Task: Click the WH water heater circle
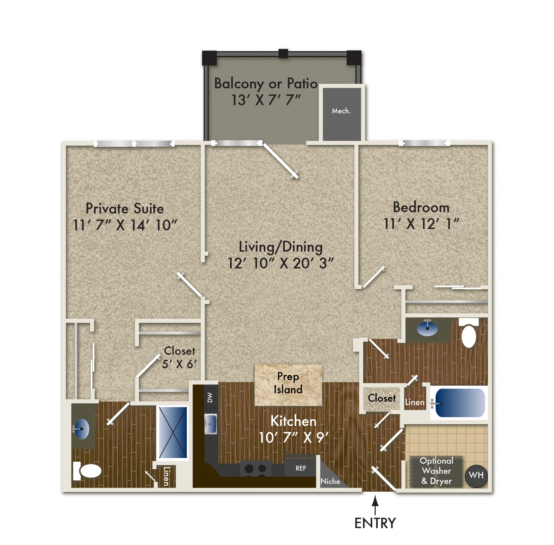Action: click(x=476, y=476)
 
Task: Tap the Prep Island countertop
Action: click(x=288, y=385)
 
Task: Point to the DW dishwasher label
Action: click(x=210, y=397)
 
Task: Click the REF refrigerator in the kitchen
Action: click(x=301, y=468)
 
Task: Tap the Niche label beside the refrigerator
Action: click(x=330, y=481)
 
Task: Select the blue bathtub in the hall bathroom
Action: click(x=460, y=403)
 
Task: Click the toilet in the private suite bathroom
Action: click(x=88, y=471)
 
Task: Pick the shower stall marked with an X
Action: click(x=173, y=432)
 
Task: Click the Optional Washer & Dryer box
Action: click(x=436, y=471)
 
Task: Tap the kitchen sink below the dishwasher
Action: click(x=211, y=424)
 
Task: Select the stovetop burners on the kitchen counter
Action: click(x=255, y=469)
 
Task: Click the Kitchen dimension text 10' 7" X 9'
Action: click(x=293, y=438)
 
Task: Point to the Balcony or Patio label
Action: click(x=266, y=83)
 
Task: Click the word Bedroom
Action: click(x=421, y=207)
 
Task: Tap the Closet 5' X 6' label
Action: click(x=179, y=357)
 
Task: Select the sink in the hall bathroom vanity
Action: click(x=427, y=328)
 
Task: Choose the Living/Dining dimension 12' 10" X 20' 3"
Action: click(x=281, y=263)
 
